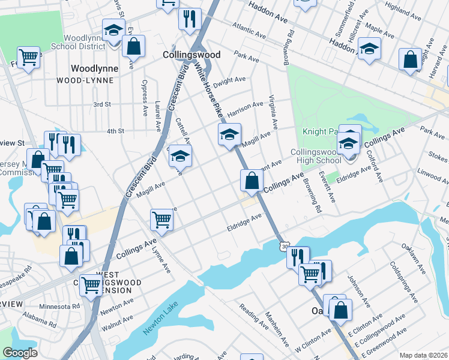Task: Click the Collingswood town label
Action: coord(191,55)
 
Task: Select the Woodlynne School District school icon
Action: coord(112,30)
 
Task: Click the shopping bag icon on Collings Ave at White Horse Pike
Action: coord(252,179)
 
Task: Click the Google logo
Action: coord(20,353)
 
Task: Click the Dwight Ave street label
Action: coord(230,80)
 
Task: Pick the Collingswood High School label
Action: coord(316,156)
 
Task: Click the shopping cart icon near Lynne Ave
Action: coord(161,220)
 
